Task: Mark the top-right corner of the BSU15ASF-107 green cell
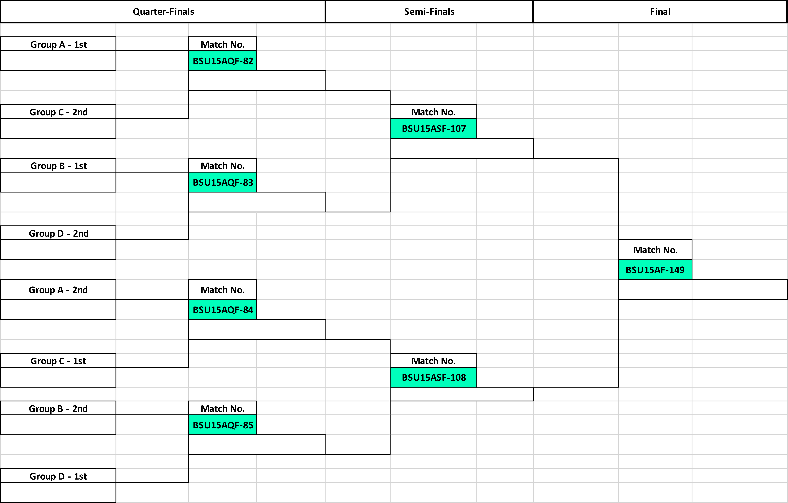coord(477,118)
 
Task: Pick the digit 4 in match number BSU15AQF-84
coord(251,310)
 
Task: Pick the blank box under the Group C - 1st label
coord(58,377)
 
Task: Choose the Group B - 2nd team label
coord(58,408)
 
